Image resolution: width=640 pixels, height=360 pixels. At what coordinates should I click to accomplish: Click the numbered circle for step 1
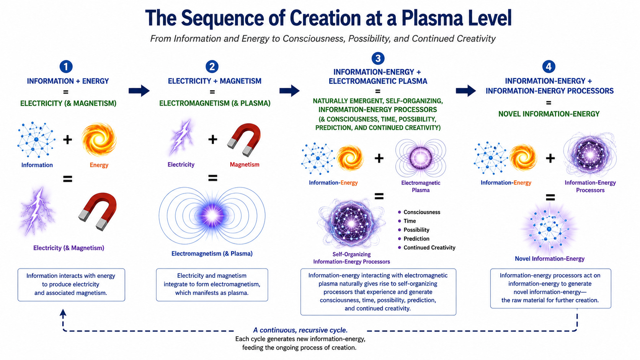(x=66, y=67)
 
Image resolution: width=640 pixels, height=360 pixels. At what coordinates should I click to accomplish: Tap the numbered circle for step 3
(x=378, y=58)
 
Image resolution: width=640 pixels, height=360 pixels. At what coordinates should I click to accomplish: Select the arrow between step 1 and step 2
(x=139, y=91)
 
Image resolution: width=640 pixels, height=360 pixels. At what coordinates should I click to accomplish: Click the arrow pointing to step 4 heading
(x=466, y=91)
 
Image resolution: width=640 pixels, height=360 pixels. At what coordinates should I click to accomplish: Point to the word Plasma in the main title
(x=432, y=18)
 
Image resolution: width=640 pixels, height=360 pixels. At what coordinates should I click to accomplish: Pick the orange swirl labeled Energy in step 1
(x=99, y=140)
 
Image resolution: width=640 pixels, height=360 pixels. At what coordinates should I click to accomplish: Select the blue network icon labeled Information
(x=36, y=140)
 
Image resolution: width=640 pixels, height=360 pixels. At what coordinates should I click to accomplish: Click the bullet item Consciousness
(x=422, y=212)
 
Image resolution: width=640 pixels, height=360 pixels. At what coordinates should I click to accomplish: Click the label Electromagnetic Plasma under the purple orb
(x=421, y=186)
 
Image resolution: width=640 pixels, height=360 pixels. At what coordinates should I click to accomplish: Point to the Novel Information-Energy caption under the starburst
(x=549, y=259)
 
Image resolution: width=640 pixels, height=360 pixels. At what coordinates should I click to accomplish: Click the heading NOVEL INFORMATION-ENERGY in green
(x=549, y=114)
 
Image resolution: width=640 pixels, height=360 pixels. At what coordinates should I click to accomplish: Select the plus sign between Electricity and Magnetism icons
(x=212, y=139)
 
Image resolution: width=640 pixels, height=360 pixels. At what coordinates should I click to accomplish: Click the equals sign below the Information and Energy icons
(x=67, y=179)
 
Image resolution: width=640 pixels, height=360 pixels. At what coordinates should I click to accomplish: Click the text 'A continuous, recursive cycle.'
(x=300, y=330)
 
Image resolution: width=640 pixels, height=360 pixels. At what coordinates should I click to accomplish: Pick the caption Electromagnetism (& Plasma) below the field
(x=212, y=254)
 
